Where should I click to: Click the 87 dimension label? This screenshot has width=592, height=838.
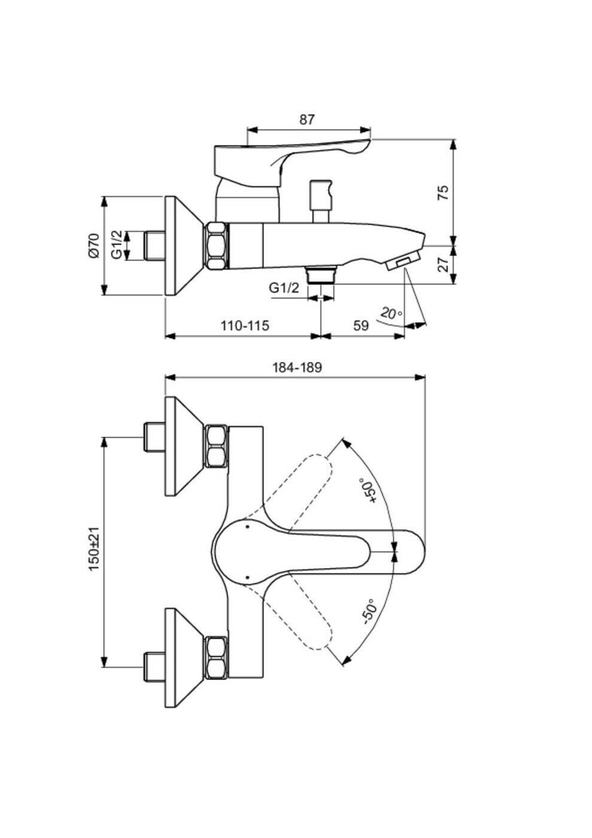[x=307, y=120]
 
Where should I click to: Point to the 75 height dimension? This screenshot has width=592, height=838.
[x=443, y=193]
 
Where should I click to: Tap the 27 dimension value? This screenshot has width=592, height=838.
[x=443, y=265]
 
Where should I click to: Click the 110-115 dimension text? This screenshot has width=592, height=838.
[x=245, y=326]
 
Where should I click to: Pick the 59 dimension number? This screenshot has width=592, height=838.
[x=361, y=326]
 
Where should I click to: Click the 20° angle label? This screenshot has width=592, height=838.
[x=391, y=312]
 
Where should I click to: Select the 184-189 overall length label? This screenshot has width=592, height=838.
[x=297, y=368]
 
